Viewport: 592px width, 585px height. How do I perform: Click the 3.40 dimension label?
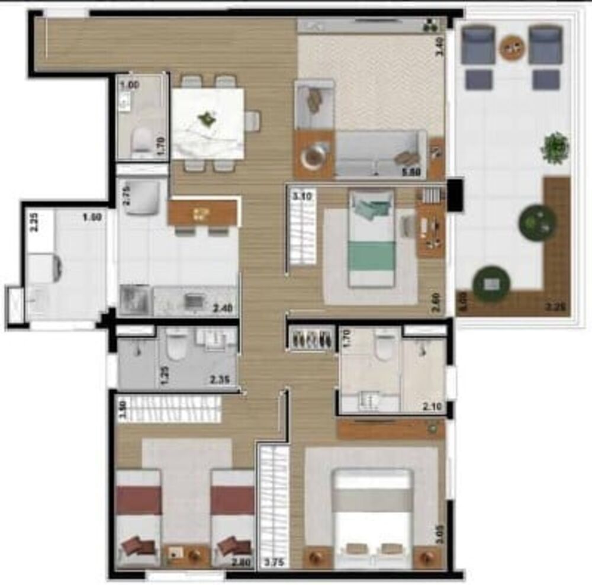click(x=439, y=46)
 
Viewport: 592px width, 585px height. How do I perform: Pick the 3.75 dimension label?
click(x=274, y=563)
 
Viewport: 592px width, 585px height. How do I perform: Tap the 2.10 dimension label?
click(x=435, y=406)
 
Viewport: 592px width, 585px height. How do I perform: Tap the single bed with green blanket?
click(x=371, y=237)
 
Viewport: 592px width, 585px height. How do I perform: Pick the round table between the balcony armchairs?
click(x=512, y=47)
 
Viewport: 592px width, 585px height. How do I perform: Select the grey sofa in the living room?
click(x=379, y=154)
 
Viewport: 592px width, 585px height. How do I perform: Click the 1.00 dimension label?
click(x=130, y=85)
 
